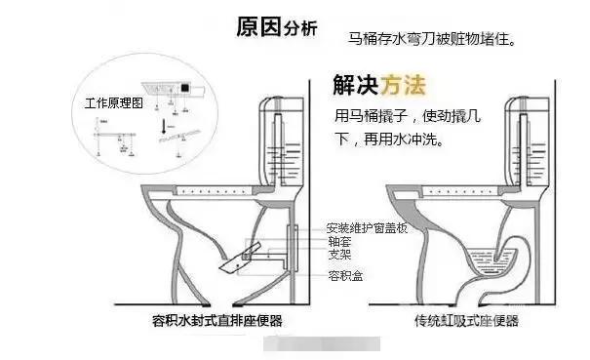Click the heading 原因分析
(x=276, y=26)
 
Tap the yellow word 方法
(x=404, y=85)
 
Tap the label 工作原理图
(x=113, y=101)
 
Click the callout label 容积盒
(x=344, y=276)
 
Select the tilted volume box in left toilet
(x=234, y=257)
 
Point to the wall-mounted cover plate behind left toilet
(x=294, y=240)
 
